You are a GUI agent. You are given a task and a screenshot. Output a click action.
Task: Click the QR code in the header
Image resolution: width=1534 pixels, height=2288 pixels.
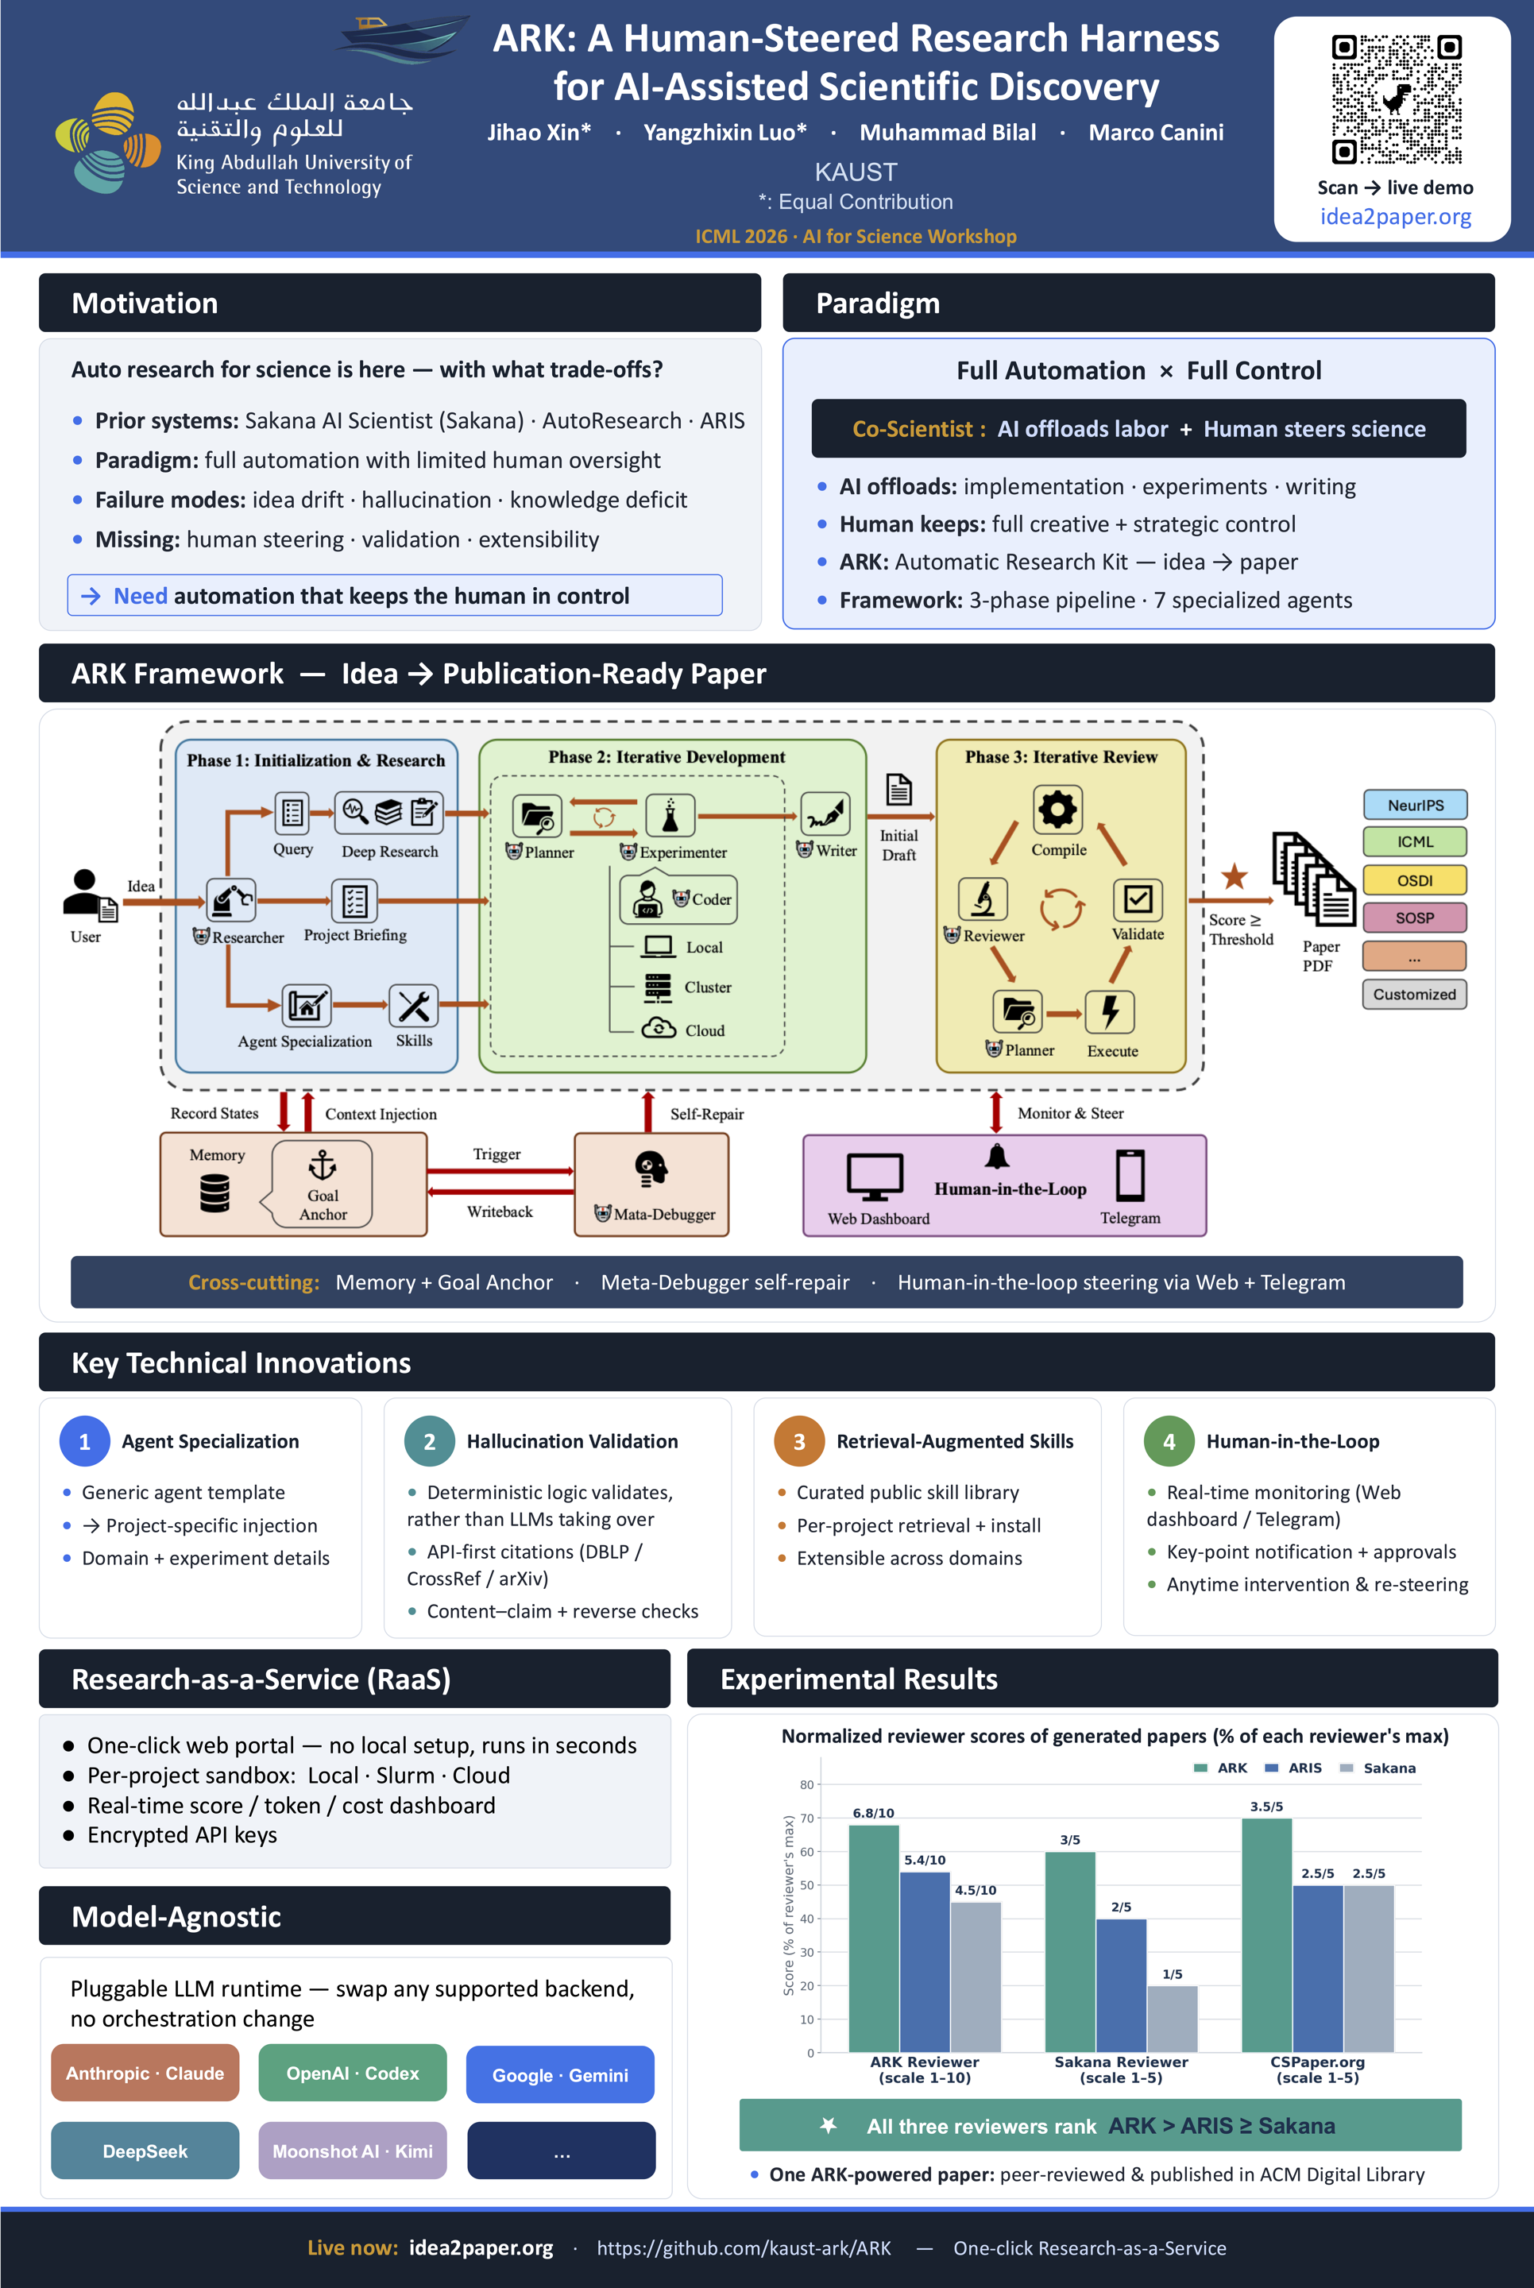pos(1396,99)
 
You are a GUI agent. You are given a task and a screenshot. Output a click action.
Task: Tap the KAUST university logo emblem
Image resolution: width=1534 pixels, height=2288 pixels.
pos(107,143)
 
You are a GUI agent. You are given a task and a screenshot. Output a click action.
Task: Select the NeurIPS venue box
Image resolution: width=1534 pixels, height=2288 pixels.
pos(1415,804)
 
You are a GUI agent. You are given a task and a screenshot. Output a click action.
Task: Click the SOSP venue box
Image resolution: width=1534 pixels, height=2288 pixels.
pos(1415,918)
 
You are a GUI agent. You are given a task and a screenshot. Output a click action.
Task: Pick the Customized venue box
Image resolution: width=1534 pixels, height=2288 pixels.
pos(1415,994)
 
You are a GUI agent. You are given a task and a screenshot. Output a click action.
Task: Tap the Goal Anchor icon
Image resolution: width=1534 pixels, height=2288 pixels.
pos(322,1165)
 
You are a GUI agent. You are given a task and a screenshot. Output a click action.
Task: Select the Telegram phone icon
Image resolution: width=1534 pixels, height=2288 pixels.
pos(1130,1175)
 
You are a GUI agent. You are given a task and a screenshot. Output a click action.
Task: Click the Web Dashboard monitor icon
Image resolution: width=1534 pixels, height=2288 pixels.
pos(875,1177)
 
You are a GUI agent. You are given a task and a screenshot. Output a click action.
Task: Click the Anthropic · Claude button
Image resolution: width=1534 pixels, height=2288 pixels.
pos(145,2073)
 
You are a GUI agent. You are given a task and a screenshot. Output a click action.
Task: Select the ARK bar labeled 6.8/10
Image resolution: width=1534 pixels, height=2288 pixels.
pos(874,1938)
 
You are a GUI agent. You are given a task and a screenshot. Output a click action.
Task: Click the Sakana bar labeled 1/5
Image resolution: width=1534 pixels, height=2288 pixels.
pos(1172,2018)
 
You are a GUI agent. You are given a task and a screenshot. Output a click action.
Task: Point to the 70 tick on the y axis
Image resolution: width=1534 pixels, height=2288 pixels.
pos(807,1818)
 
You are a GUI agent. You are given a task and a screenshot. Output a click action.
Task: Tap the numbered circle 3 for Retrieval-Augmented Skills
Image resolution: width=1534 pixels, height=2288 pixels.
pos(799,1441)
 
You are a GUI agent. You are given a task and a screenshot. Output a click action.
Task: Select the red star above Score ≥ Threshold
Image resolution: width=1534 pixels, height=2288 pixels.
pos(1235,875)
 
